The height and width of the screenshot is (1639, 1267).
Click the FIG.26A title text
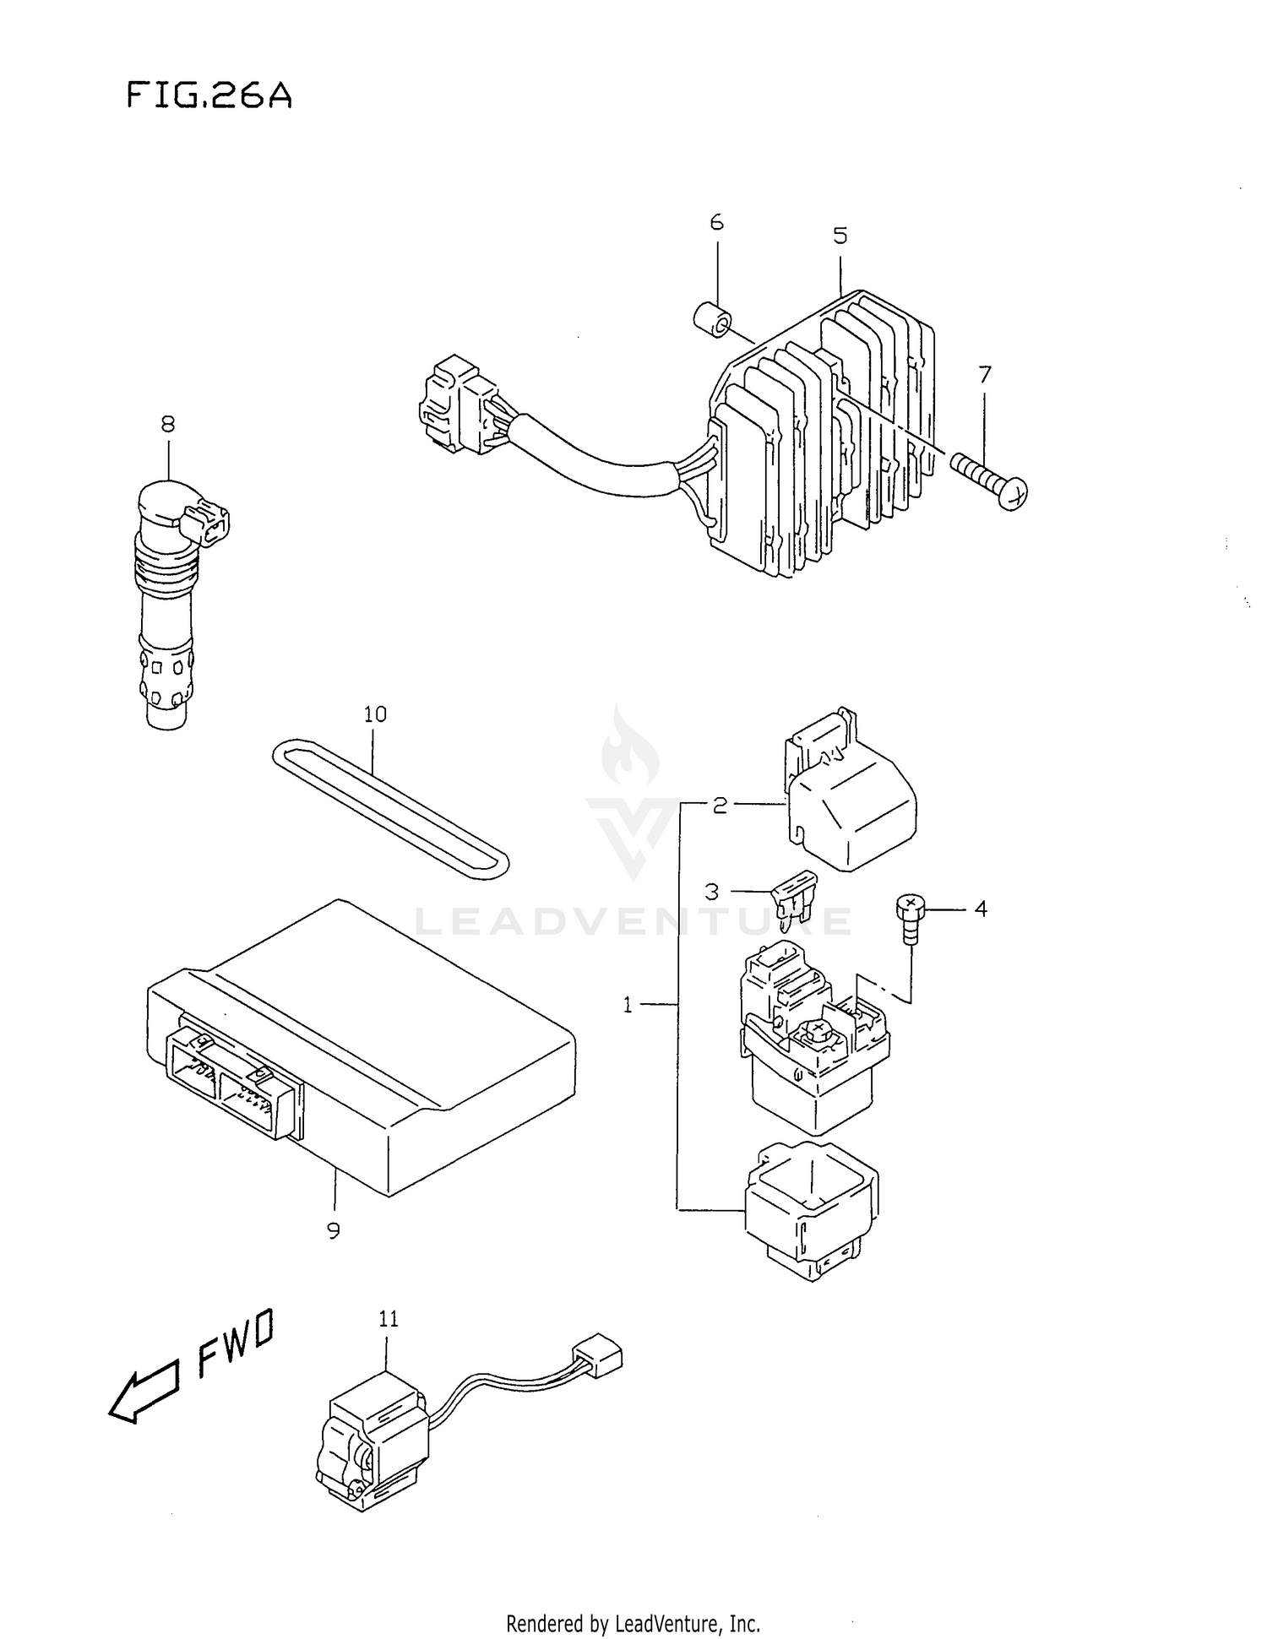coord(209,95)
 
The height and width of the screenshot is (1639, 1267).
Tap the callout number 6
coord(716,222)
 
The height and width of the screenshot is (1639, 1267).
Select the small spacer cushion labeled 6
coord(710,320)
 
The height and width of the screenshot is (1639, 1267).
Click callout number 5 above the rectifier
coord(840,236)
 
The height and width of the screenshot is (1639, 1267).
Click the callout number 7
coord(984,374)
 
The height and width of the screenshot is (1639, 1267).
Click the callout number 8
coord(167,423)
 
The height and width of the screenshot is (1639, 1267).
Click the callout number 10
coord(375,714)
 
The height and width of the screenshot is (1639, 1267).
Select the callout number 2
coord(719,806)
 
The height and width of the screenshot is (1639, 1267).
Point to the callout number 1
coord(628,1005)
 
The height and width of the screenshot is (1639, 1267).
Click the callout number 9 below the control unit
coord(334,1231)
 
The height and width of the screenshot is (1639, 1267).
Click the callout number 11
coord(388,1319)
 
